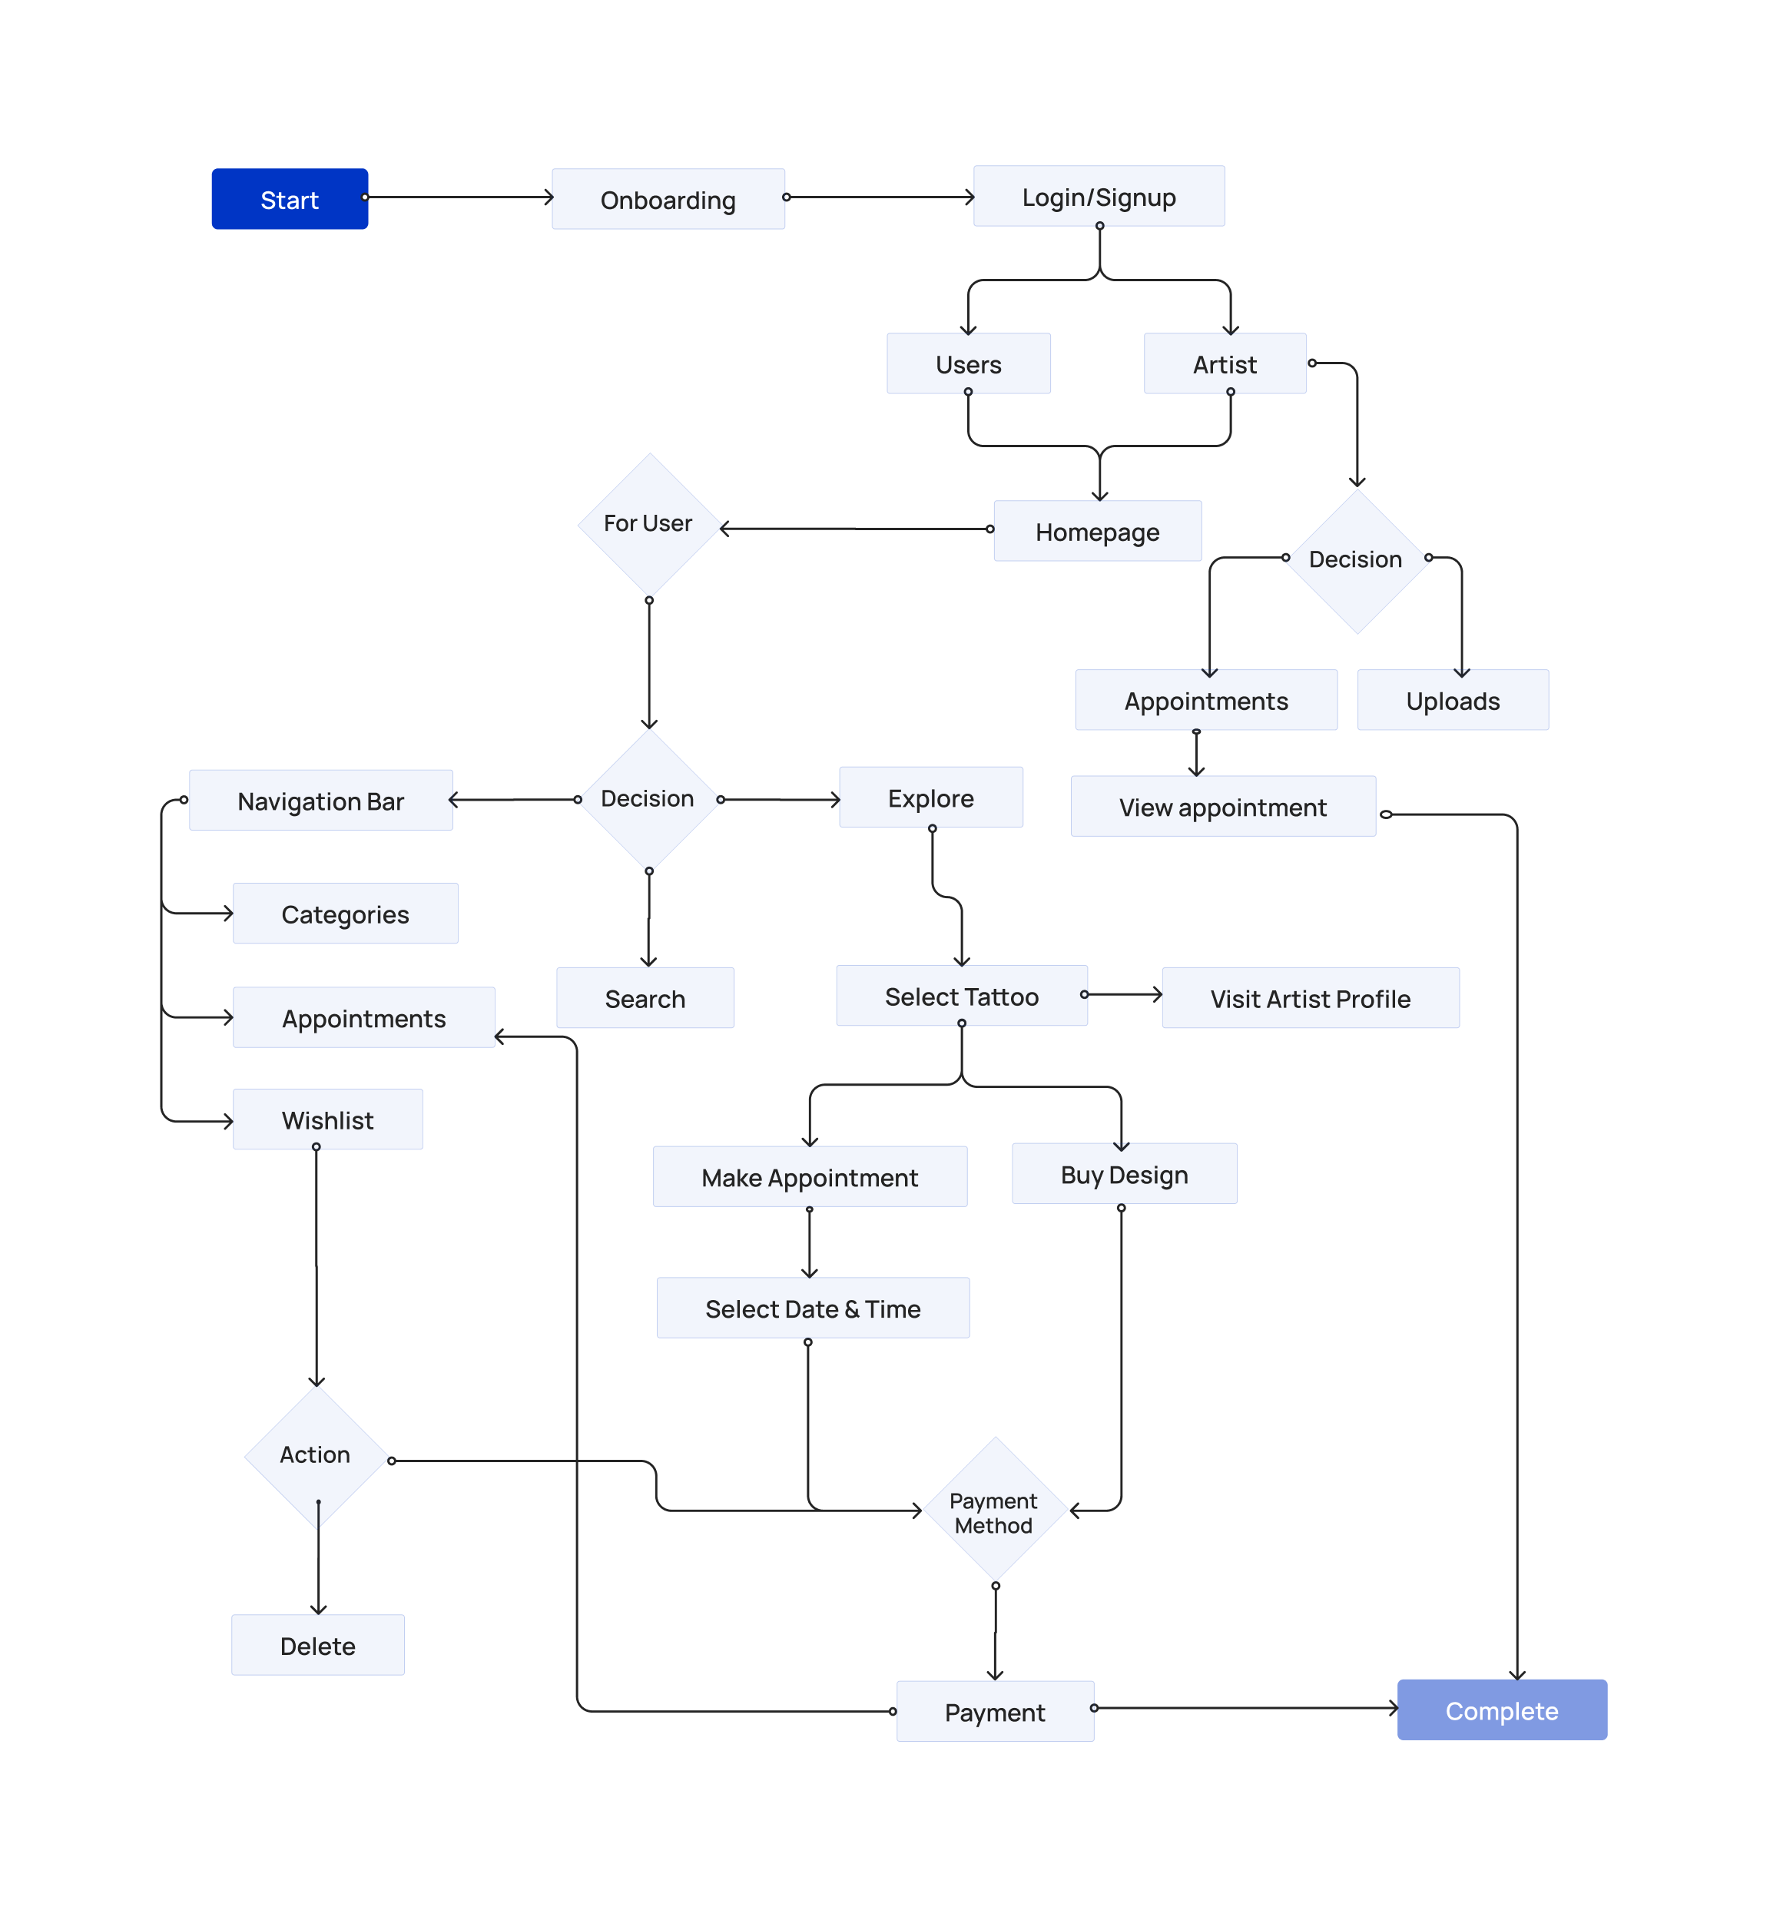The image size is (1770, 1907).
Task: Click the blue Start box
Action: (290, 199)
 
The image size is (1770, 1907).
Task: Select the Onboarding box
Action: (668, 199)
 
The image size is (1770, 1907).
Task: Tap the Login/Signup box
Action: (1099, 197)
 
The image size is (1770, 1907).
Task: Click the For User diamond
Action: (648, 524)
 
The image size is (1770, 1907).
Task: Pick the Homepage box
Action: (1097, 531)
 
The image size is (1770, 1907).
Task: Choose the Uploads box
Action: (1452, 700)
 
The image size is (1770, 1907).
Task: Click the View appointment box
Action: (1222, 807)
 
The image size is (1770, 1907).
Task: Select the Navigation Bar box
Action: (321, 800)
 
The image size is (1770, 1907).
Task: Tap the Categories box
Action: (345, 913)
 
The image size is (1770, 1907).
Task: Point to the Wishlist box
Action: (327, 1119)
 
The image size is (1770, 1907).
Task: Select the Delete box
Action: (317, 1644)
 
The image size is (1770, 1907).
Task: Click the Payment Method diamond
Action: (994, 1511)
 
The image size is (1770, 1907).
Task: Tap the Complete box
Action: (1501, 1710)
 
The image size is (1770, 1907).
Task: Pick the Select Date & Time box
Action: (812, 1308)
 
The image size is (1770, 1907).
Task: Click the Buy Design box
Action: (1123, 1173)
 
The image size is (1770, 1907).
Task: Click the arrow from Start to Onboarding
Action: (459, 197)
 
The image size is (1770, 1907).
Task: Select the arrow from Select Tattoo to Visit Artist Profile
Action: (1122, 994)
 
